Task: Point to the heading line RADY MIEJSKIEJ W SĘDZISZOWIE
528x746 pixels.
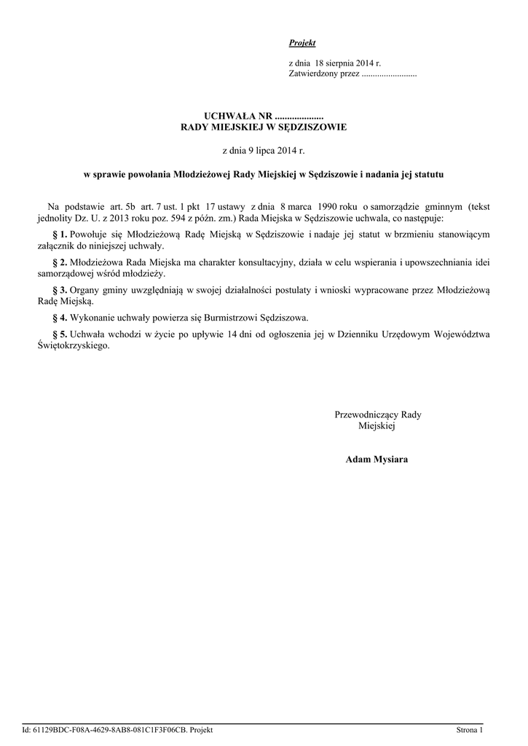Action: point(264,127)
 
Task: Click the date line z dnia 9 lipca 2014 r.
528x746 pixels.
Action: point(264,150)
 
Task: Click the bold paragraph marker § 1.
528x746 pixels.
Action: point(60,234)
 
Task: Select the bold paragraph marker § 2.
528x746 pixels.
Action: point(60,262)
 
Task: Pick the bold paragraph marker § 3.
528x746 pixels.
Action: point(60,289)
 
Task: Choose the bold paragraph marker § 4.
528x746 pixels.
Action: point(60,318)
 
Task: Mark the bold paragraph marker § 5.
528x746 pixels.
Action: point(60,334)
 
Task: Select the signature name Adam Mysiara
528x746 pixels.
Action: point(377,460)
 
